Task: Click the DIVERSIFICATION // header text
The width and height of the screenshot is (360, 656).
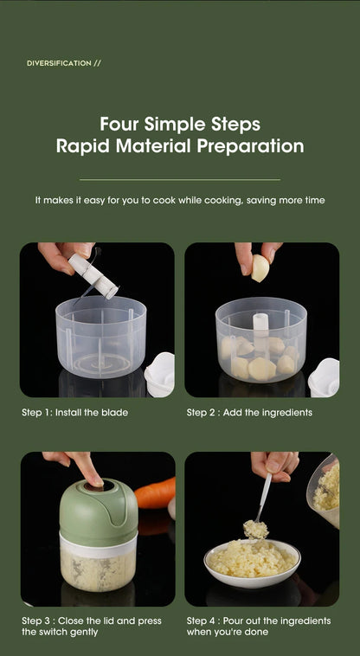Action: (x=64, y=63)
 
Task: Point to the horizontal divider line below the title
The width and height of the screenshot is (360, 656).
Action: (x=180, y=180)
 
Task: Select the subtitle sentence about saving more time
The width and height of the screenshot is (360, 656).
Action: (x=180, y=200)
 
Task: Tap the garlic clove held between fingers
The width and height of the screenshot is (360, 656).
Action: (x=260, y=268)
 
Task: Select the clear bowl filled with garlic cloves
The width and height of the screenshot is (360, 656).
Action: (x=260, y=342)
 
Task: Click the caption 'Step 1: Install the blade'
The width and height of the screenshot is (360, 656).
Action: (x=74, y=413)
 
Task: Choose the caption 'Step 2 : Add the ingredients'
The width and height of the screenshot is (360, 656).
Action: (x=249, y=413)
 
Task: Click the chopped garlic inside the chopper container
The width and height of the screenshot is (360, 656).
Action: (x=97, y=570)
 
